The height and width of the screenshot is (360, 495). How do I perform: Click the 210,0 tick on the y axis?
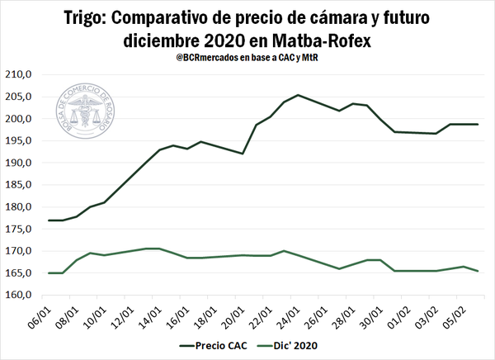click(18, 74)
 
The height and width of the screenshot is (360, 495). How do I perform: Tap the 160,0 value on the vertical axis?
click(18, 295)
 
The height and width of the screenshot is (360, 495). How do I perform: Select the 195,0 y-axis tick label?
click(18, 140)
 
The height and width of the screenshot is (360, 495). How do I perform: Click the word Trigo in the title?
click(86, 17)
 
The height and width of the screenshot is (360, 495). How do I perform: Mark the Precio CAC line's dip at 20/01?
click(243, 154)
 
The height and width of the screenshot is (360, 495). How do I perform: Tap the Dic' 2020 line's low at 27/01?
click(339, 268)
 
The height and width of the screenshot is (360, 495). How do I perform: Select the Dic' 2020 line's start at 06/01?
click(49, 272)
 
